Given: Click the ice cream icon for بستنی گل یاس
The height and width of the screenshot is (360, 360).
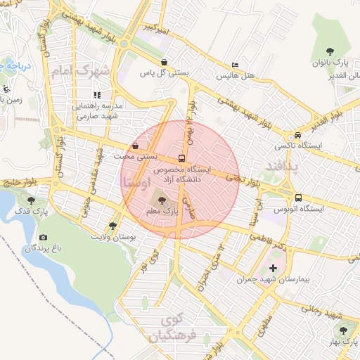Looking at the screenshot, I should point(164,61).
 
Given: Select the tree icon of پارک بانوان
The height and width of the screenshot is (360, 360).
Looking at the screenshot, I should point(330,50).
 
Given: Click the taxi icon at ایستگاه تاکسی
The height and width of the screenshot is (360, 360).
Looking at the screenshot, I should point(298,136).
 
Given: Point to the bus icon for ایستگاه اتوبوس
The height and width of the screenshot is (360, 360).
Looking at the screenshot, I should point(298,198).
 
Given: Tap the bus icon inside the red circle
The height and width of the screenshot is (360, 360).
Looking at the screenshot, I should point(182,158).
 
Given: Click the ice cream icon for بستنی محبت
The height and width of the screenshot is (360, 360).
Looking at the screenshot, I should point(135,146).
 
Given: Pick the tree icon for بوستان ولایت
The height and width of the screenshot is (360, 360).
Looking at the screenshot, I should point(112,225).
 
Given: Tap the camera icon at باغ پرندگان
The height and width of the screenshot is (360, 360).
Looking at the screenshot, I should point(44,238).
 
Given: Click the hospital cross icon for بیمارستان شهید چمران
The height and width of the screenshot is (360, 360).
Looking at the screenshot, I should point(273,268).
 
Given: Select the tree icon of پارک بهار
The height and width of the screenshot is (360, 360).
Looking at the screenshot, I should point(343,329).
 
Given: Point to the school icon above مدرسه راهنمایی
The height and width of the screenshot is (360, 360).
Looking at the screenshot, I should point(97,94).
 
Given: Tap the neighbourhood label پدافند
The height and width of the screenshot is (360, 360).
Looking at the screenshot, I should point(283,166).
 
